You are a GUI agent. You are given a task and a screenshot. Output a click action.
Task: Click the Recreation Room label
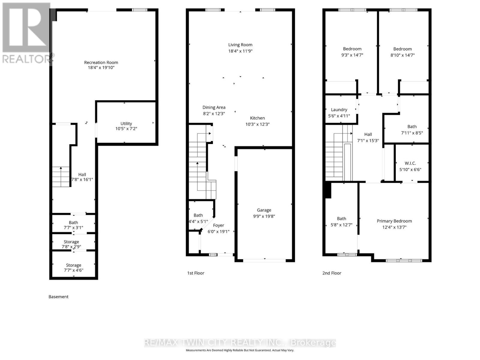[101, 62]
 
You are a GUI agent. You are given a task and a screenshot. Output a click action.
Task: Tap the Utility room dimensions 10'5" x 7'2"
[126, 129]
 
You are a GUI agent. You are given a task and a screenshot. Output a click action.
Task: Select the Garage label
[264, 210]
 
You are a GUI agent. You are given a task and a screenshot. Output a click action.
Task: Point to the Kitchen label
[257, 118]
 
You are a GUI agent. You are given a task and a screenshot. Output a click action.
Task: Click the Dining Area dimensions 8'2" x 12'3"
[214, 113]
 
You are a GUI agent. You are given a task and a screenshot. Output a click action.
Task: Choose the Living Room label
[240, 45]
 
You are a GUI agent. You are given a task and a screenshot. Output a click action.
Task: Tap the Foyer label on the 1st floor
[218, 225]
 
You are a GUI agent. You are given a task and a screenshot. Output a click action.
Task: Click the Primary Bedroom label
[394, 221]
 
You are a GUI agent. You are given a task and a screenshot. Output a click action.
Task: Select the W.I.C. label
[410, 163]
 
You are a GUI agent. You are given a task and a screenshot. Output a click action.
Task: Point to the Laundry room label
[339, 109]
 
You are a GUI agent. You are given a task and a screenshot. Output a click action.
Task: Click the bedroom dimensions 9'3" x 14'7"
[352, 55]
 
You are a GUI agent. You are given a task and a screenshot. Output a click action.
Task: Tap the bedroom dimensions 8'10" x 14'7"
[402, 55]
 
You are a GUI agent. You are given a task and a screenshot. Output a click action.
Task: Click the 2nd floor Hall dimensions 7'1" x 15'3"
[368, 140]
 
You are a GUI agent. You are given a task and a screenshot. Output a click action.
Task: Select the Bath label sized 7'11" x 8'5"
[412, 127]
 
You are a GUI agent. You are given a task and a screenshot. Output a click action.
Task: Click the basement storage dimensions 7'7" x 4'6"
[73, 270]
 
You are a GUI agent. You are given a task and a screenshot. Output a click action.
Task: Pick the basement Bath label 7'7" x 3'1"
[73, 222]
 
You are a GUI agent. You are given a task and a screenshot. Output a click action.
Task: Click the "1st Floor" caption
[196, 273]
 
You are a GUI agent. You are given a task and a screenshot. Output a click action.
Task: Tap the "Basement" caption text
[58, 297]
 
